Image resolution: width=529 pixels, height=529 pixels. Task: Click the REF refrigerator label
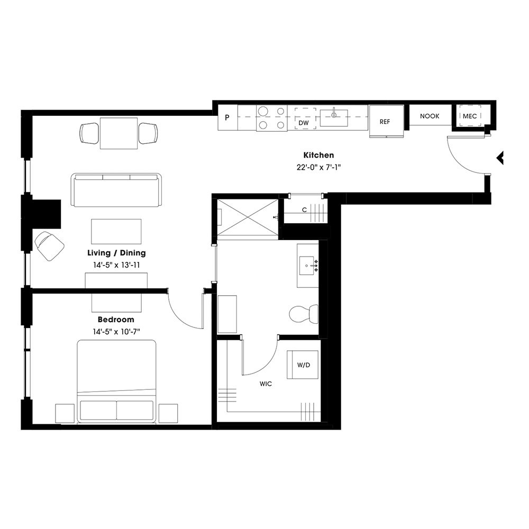(x=385, y=122)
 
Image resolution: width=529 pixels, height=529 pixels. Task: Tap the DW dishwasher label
(x=304, y=123)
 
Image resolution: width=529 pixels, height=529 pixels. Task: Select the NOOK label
(x=430, y=116)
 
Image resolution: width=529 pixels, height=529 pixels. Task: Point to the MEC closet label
(x=469, y=116)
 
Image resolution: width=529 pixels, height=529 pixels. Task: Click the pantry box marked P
(x=227, y=117)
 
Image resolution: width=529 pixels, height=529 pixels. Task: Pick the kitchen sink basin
(x=334, y=117)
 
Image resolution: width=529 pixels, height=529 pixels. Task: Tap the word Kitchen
(x=318, y=155)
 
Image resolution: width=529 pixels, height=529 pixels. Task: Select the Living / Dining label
(x=116, y=253)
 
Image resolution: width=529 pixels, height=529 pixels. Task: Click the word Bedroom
(x=116, y=320)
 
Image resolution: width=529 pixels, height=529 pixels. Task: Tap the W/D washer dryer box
(x=303, y=364)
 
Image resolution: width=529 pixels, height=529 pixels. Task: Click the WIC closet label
(x=266, y=384)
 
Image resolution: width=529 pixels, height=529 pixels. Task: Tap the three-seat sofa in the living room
(x=116, y=189)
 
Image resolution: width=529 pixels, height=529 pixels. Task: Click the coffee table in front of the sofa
(x=116, y=231)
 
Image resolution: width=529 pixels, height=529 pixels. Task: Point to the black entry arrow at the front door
(x=499, y=158)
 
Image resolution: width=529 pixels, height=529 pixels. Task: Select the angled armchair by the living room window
(x=50, y=245)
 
